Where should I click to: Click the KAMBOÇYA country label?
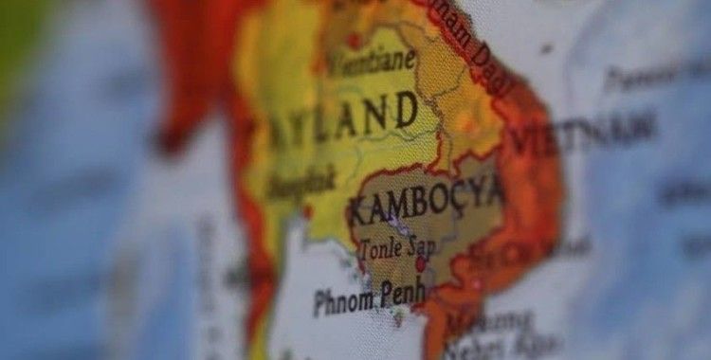pyautogui.click(x=425, y=198)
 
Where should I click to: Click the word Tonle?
pyautogui.click(x=379, y=249)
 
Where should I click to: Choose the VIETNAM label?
pyautogui.click(x=583, y=131)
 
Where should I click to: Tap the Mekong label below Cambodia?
pyautogui.click(x=474, y=322)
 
